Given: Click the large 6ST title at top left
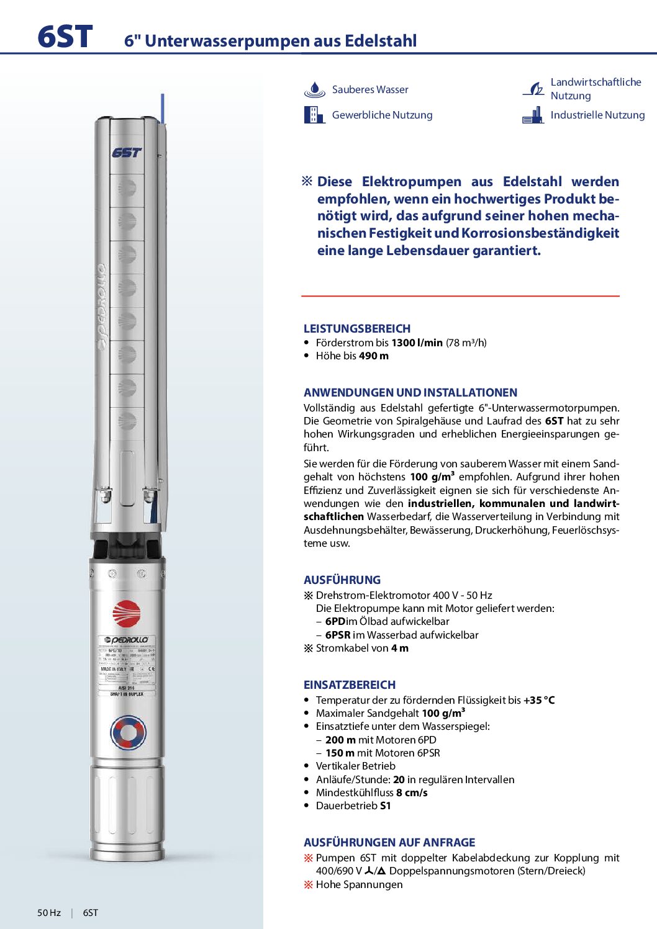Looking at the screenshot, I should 65,37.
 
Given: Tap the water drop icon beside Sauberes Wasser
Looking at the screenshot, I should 314,90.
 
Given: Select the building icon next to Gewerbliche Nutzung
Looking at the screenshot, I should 314,115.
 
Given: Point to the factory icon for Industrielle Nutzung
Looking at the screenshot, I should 533,115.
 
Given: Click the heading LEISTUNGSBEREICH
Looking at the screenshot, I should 357,329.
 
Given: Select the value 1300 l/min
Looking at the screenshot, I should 417,343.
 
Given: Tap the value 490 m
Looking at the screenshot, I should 374,356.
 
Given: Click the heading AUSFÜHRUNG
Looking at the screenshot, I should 342,580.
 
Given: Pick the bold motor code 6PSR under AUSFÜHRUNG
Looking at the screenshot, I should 338,635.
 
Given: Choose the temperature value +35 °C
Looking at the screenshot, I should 539,700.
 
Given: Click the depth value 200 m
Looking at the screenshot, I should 340,740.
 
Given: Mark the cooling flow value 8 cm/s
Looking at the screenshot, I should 412,792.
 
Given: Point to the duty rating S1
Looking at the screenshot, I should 385,806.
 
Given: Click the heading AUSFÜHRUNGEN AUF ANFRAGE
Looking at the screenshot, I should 389,842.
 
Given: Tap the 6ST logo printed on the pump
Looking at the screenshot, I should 127,153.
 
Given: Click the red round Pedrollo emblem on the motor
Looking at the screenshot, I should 127,614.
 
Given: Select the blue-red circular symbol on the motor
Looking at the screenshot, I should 128,732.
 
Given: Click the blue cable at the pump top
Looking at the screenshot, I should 163,109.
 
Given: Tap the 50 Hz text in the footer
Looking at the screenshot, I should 49,912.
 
